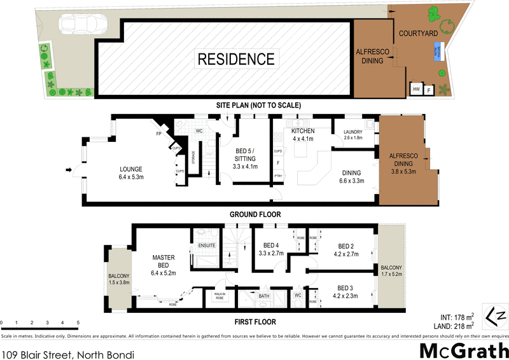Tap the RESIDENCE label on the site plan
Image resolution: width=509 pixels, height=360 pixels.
click(236, 59)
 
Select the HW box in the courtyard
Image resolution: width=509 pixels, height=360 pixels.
click(417, 90)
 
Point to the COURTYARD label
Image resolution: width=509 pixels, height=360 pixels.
click(418, 32)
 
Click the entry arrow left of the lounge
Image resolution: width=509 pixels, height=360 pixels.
click(69, 169)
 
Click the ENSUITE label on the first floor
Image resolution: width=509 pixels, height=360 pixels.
click(207, 245)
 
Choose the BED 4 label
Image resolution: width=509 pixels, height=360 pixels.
click(271, 249)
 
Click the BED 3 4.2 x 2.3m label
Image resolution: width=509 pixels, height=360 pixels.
click(345, 291)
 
